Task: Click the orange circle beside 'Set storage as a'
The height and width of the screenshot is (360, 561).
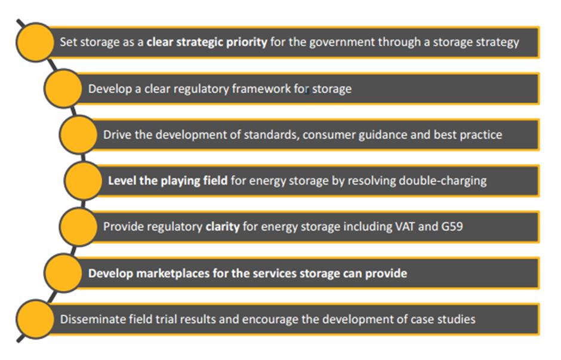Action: pos(35,42)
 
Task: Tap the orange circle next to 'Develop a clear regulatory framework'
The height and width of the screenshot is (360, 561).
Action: pos(63,88)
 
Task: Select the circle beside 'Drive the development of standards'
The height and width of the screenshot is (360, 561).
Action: pos(78,134)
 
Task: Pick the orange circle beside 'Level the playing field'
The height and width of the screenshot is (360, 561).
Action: pos(84,181)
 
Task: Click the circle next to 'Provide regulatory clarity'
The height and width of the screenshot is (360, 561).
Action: pos(78,226)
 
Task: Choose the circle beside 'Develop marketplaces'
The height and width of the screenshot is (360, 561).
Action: pos(63,273)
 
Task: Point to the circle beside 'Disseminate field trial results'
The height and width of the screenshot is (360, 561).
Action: pos(35,319)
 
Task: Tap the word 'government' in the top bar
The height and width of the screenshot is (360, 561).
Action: pos(342,42)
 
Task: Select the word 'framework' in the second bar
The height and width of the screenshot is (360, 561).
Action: pos(261,89)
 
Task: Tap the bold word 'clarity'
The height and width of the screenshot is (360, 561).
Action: pos(223,227)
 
